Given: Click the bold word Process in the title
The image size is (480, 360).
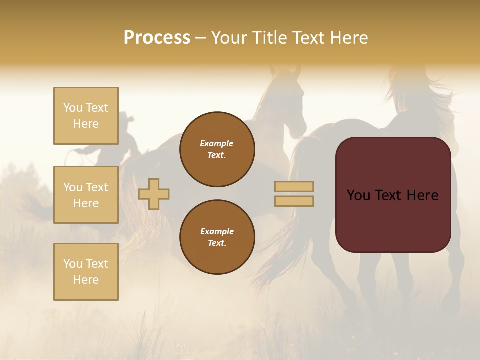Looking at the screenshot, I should [157, 38].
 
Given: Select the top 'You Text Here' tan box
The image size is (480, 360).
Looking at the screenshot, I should [86, 116].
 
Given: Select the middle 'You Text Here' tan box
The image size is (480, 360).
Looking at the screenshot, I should [86, 195].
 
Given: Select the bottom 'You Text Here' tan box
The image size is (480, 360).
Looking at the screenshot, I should [86, 272].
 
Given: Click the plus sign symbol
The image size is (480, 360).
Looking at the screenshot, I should [154, 194].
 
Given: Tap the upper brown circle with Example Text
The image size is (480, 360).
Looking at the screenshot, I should [217, 149].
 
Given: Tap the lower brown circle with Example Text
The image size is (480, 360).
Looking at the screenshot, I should [217, 237].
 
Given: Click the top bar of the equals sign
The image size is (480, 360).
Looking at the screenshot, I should [294, 187].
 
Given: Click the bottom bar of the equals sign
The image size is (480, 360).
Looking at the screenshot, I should [294, 201].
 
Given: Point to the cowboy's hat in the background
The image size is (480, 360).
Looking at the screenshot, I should [125, 119].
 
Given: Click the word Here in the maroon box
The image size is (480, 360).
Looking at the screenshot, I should [422, 195].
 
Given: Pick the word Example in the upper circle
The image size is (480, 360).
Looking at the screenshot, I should [217, 143].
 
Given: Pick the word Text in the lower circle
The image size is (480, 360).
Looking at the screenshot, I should [216, 243].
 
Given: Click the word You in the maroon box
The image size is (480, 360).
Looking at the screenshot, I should [358, 195].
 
